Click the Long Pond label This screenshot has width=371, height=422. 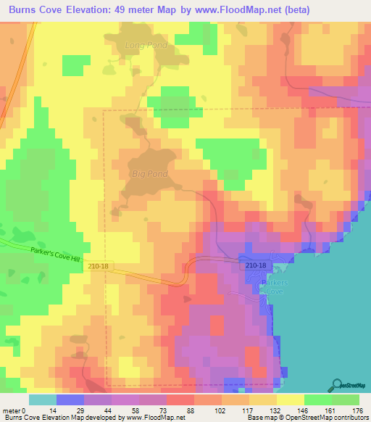146,45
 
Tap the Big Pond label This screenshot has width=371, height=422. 150,174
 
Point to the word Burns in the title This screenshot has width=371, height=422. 26,10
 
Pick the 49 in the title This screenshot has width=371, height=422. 136,10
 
